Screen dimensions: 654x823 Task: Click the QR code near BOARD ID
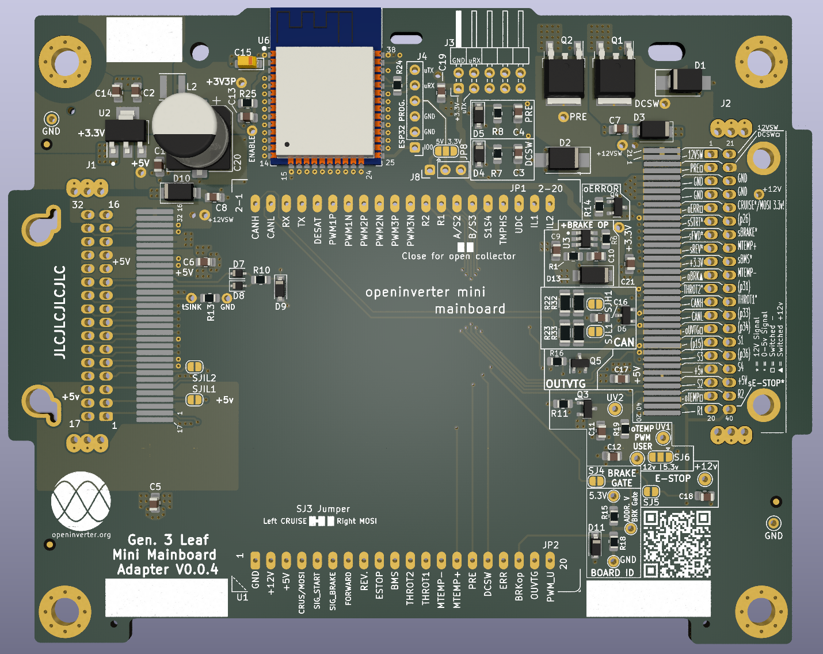tap(677, 543)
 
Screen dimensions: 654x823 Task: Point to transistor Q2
tap(563, 75)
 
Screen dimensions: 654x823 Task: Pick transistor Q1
tap(614, 75)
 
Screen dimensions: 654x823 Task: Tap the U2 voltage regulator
tap(125, 132)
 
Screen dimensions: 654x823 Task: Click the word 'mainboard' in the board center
tap(470, 309)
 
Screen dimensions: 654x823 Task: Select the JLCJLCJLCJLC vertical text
tap(60, 311)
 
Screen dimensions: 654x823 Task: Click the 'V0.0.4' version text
tap(197, 569)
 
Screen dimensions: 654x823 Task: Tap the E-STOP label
tap(673, 478)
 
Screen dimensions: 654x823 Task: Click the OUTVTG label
tap(565, 384)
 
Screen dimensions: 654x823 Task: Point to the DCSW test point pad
tap(665, 104)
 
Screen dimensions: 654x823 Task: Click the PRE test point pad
tap(563, 117)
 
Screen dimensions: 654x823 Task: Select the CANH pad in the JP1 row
tap(256, 204)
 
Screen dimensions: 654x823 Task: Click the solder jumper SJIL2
tap(195, 367)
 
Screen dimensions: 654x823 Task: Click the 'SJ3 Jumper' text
tap(323, 509)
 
